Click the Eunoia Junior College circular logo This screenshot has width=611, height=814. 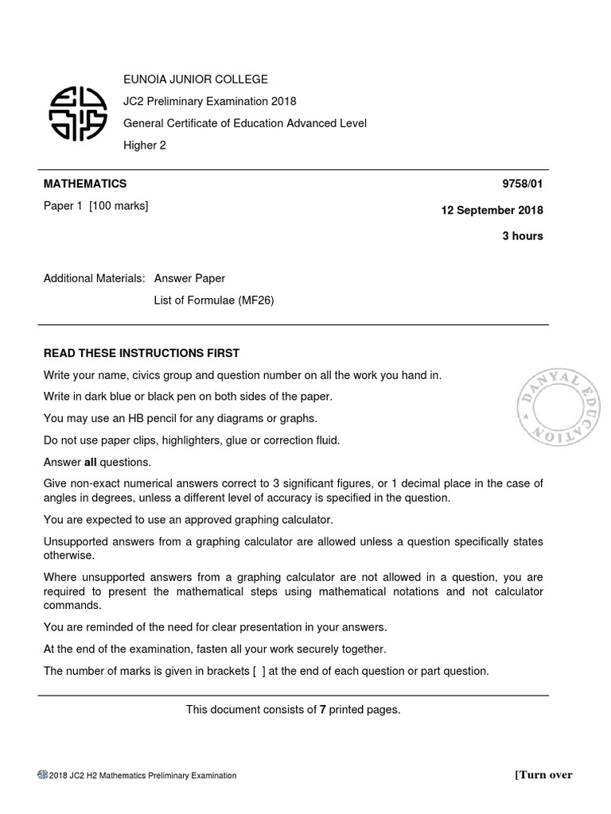[78, 112]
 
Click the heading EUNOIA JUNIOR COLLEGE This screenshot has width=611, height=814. [195, 79]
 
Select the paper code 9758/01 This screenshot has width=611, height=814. [522, 184]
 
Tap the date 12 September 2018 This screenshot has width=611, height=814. [492, 211]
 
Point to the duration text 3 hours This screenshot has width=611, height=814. [523, 236]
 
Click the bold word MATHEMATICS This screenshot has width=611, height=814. [85, 184]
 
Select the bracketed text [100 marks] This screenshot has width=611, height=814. [119, 206]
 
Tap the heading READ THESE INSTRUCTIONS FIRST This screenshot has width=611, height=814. [142, 353]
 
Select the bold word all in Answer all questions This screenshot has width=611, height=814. [90, 462]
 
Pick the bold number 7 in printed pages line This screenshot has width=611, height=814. [323, 709]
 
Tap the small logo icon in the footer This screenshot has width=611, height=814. [43, 775]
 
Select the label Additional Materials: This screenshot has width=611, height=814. [95, 278]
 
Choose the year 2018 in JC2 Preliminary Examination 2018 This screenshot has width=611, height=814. [283, 101]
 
